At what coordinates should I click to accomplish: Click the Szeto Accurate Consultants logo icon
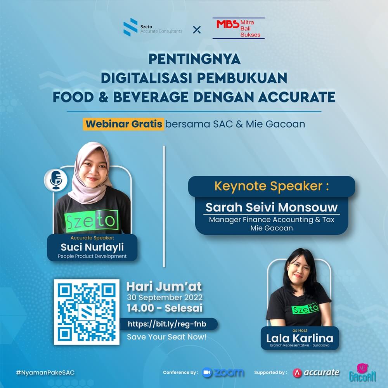[130, 27]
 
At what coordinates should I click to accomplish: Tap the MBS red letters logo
[228, 24]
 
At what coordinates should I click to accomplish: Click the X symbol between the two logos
[197, 30]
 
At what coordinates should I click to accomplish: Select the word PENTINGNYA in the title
[194, 59]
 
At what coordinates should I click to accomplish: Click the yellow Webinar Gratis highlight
[123, 124]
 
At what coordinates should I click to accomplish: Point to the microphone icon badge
[56, 180]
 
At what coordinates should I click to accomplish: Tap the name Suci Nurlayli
[92, 247]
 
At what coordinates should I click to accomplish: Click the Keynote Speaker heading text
[272, 186]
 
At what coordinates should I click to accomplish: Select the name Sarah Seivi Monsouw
[272, 207]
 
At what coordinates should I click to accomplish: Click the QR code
[87, 312]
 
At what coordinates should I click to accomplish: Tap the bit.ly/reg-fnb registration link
[167, 324]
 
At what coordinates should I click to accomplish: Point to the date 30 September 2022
[165, 297]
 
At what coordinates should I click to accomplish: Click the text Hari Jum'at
[164, 287]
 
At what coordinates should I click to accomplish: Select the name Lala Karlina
[300, 338]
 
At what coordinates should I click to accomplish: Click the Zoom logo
[223, 372]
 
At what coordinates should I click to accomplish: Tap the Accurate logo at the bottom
[316, 372]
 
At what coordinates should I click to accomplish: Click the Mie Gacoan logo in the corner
[362, 373]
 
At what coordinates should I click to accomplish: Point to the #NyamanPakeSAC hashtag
[45, 372]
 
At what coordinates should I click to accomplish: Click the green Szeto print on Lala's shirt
[305, 308]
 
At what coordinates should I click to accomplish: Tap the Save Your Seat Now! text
[166, 337]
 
